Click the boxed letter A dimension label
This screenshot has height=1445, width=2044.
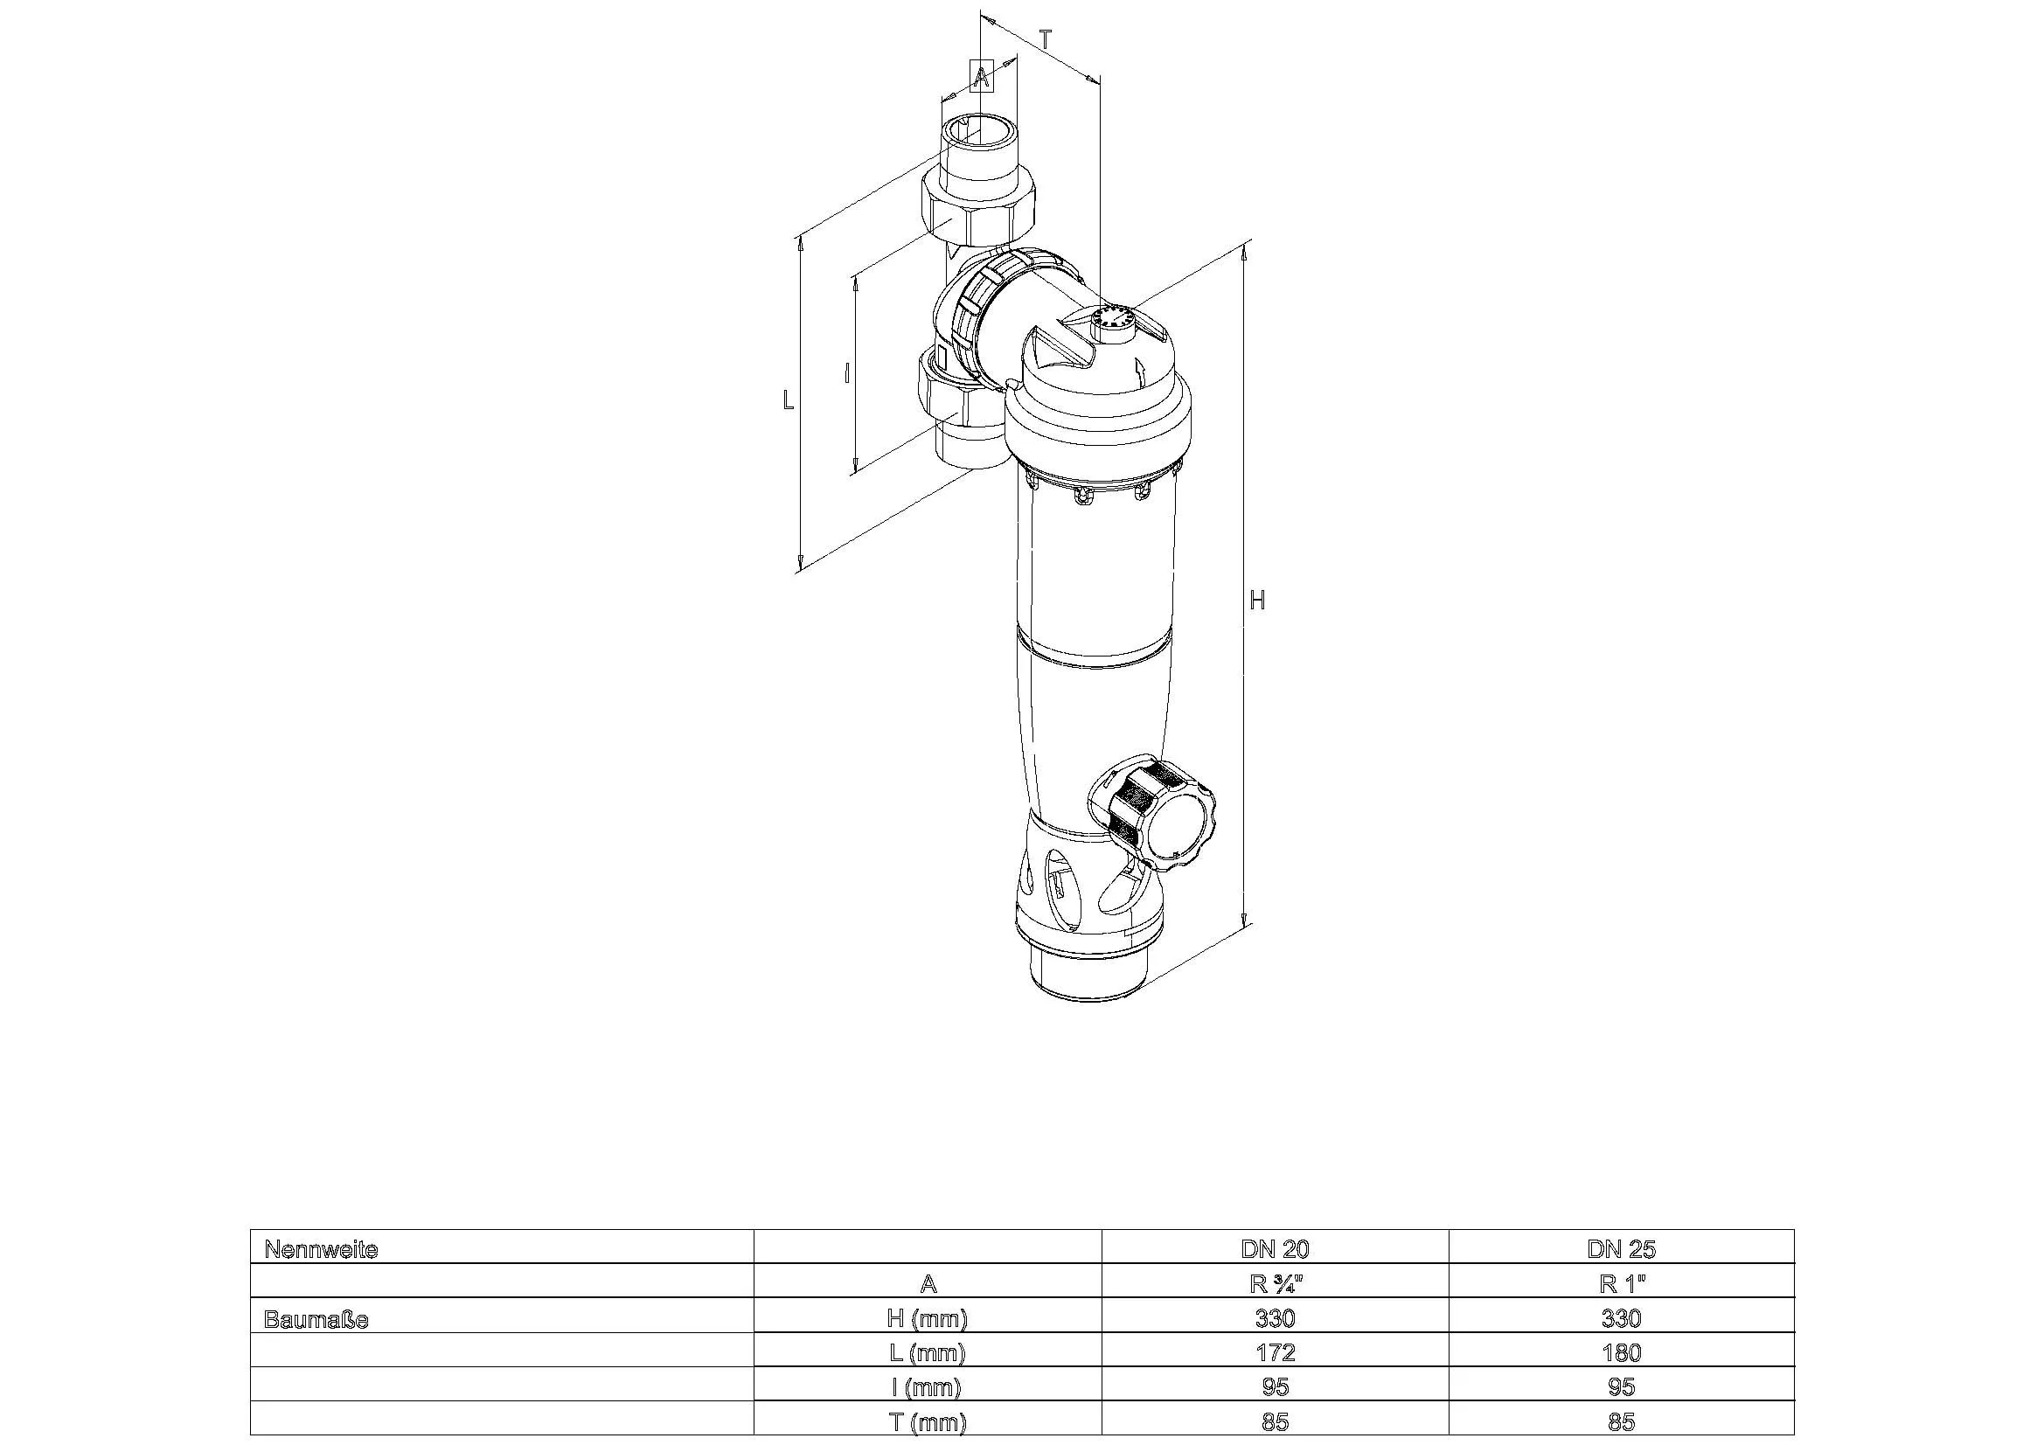(x=981, y=77)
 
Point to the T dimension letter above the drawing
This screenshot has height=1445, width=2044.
(x=1046, y=40)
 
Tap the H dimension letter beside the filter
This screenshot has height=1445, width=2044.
(x=1257, y=601)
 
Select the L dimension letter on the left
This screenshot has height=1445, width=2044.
(x=788, y=400)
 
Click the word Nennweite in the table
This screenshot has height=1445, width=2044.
(x=322, y=1250)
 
